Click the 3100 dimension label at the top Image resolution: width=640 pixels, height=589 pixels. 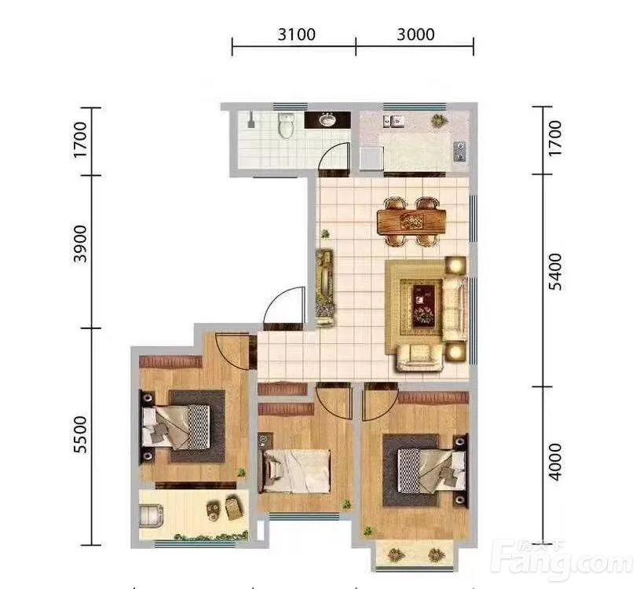click(297, 35)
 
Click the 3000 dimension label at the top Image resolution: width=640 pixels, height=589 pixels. click(415, 35)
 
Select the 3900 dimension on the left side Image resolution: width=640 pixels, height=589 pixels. click(80, 243)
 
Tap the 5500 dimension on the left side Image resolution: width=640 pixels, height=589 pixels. click(80, 434)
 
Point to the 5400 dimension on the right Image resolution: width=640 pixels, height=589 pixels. click(555, 272)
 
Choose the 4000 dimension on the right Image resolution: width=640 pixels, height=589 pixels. click(555, 463)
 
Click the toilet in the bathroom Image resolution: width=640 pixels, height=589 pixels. click(286, 125)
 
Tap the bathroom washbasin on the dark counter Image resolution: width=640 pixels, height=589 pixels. click(327, 120)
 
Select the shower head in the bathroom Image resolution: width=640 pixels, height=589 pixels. click(251, 119)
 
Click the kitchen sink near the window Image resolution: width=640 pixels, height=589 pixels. click(393, 121)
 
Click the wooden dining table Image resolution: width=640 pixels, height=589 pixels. click(411, 222)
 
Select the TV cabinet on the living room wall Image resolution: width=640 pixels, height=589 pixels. click(325, 287)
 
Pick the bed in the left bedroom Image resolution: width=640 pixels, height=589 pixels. click(176, 427)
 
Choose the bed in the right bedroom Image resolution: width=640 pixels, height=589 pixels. click(431, 470)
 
